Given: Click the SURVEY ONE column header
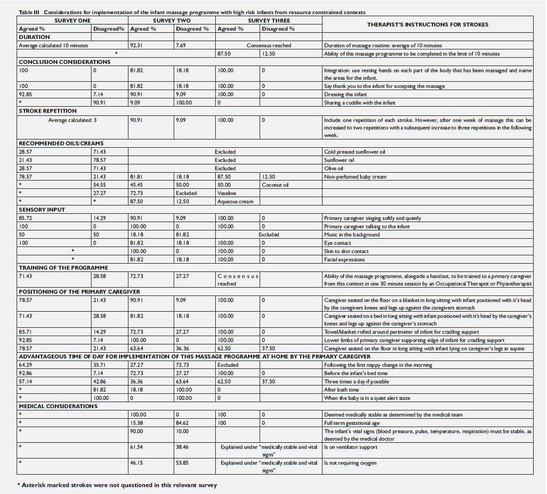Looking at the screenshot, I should click(x=73, y=20).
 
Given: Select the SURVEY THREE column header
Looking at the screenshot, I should click(x=269, y=20).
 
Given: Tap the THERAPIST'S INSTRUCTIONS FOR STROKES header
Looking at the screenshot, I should click(x=427, y=24).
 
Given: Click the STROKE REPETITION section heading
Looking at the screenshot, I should click(x=48, y=111).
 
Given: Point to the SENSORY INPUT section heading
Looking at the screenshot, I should click(x=42, y=210).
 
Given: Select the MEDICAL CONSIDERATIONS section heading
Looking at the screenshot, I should click(x=58, y=406).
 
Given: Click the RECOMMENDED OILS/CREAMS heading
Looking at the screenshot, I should click(x=61, y=144).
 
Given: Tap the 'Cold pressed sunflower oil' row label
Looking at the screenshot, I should click(x=354, y=152).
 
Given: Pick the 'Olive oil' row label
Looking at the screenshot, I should click(x=334, y=169).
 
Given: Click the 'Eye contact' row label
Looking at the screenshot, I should click(x=337, y=243).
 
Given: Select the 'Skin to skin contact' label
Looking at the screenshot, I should click(x=346, y=251).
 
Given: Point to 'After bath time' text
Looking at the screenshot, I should click(x=341, y=390).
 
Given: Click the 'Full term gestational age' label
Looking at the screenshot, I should click(x=352, y=423).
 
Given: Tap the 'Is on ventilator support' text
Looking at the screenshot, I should click(x=351, y=447).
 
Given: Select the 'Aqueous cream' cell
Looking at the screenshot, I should click(x=235, y=202).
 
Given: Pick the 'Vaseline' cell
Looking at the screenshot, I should click(x=226, y=193).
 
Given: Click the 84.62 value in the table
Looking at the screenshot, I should click(x=182, y=423).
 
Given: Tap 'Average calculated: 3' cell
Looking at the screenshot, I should click(x=72, y=120).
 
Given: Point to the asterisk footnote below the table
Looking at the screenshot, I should click(x=117, y=485).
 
